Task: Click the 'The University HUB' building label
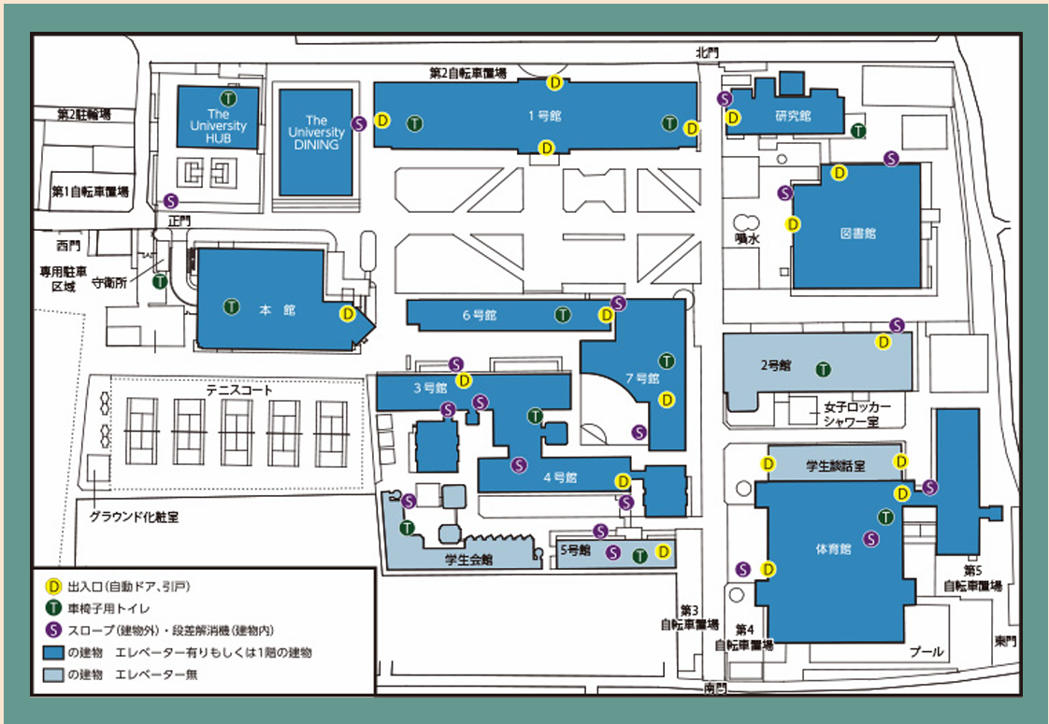pos(218,126)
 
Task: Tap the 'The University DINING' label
pos(316,133)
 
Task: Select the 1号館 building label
pos(544,117)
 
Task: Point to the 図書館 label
pos(857,234)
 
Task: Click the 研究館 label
pos(793,116)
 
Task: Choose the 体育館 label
pos(834,549)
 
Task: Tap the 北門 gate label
pos(707,52)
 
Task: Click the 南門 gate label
pos(715,688)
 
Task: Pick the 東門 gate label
pos(1005,641)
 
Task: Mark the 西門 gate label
pos(68,246)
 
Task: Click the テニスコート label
pos(238,390)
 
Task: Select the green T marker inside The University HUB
pos(229,99)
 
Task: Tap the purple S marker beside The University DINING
pos(359,123)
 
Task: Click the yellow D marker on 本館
pos(347,314)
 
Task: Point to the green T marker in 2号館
pos(824,369)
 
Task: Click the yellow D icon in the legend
pos(53,587)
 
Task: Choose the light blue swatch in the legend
pos(53,674)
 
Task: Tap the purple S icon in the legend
pos(53,631)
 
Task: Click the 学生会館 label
pos(468,560)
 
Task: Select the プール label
pos(927,651)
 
